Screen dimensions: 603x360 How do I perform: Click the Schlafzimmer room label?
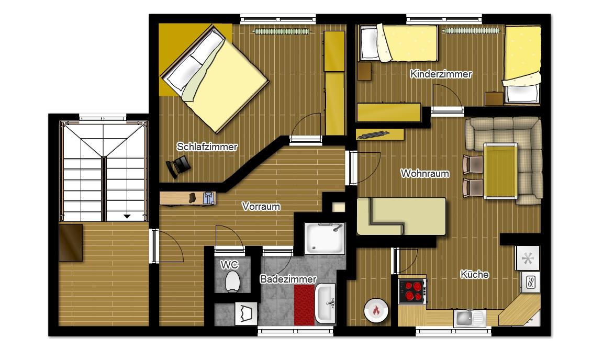click(207, 147)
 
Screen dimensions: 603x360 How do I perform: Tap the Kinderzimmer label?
click(441, 74)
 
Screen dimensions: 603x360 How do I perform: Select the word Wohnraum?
click(425, 174)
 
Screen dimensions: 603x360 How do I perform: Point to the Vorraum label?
click(261, 207)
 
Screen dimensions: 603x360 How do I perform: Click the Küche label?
click(475, 274)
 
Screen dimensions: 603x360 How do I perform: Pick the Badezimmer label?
click(288, 279)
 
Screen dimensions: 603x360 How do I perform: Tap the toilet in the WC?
click(232, 281)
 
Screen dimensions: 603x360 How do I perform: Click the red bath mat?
click(304, 305)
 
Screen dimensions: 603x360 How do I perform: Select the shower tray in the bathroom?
click(325, 239)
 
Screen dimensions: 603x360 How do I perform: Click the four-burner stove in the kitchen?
click(412, 291)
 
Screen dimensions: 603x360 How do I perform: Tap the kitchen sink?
click(468, 318)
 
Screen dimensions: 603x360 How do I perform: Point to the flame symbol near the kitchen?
click(376, 310)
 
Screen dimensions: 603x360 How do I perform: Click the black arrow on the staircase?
click(127, 216)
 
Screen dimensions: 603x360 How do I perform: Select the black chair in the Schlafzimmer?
click(178, 166)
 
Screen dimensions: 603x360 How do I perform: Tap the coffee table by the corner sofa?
click(500, 171)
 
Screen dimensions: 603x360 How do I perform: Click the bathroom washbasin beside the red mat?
click(325, 303)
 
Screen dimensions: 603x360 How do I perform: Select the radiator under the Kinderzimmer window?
click(471, 31)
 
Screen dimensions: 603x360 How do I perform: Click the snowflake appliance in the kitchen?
click(527, 258)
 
